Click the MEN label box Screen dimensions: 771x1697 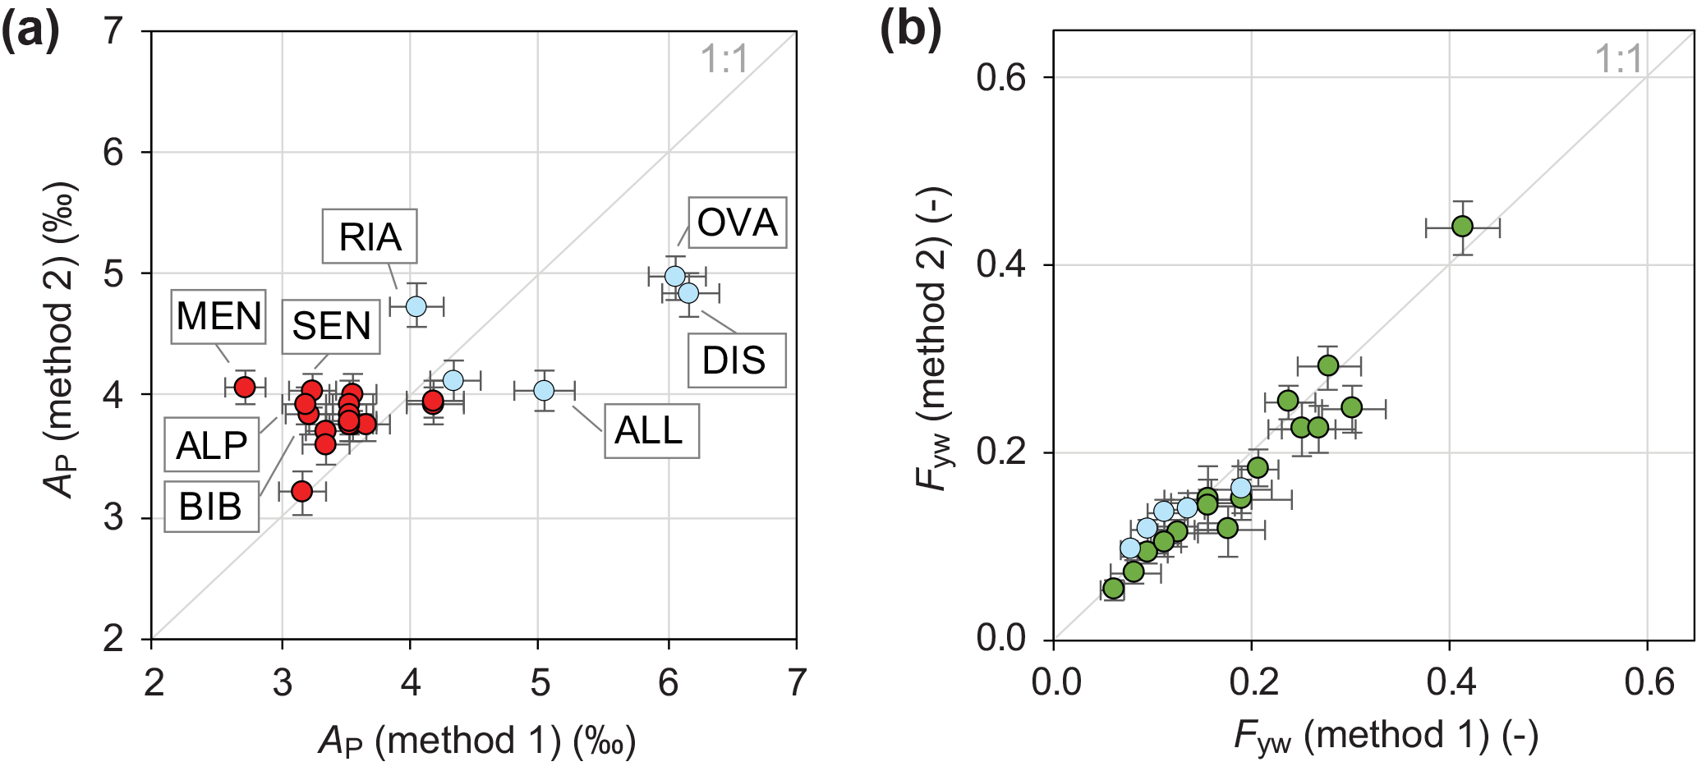click(218, 316)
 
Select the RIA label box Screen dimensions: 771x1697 click(370, 236)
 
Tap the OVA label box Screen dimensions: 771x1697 click(737, 223)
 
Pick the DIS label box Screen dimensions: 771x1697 click(736, 360)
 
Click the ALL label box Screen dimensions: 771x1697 click(651, 431)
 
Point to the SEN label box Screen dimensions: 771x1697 click(331, 326)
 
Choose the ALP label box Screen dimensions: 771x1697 click(212, 446)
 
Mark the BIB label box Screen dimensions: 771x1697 click(211, 507)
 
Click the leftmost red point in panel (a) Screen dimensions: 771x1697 click(245, 387)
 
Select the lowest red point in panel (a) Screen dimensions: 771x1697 click(302, 491)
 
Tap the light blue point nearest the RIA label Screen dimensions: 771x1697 click(416, 306)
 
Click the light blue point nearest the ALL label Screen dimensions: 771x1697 click(544, 390)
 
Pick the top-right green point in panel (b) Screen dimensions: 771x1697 click(1462, 227)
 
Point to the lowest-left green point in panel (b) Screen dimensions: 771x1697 click(1113, 589)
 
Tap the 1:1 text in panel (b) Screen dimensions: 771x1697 click(1617, 59)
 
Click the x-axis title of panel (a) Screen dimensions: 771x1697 click(476, 741)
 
